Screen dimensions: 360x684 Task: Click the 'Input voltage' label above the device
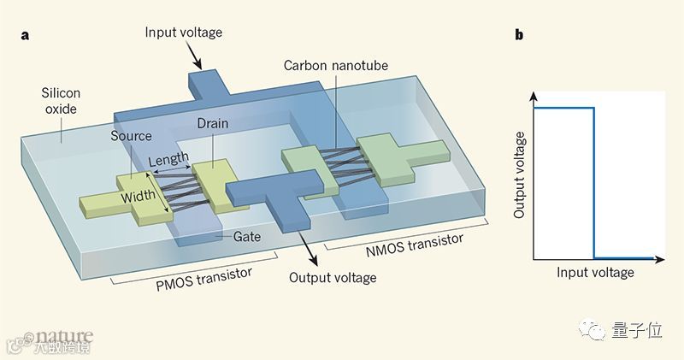(x=182, y=32)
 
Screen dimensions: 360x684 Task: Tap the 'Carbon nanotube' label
(x=328, y=66)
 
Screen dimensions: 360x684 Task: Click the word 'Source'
(x=131, y=135)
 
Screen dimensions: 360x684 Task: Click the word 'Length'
(x=168, y=160)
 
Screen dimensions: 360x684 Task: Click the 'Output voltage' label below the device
(x=333, y=277)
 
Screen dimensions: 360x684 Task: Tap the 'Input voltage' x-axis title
(x=595, y=273)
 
